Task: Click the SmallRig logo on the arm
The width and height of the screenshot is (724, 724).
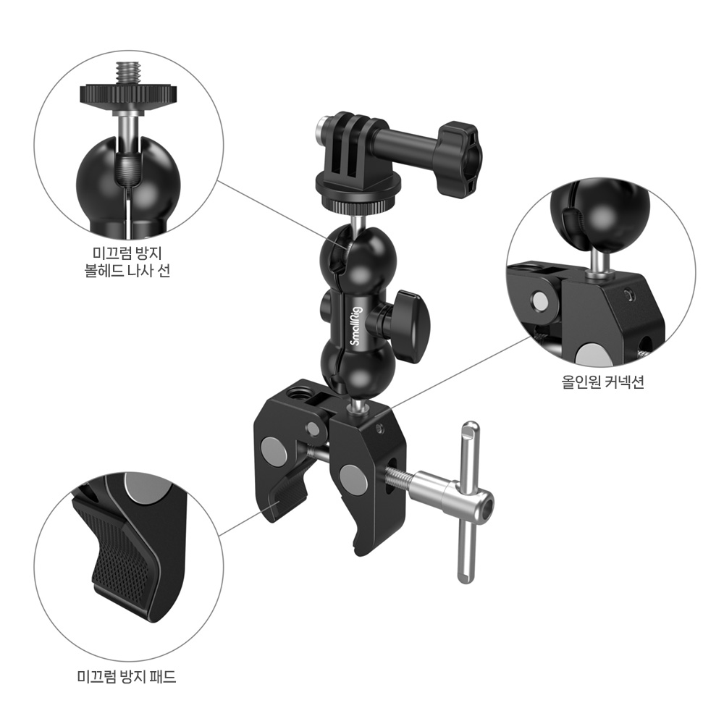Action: point(357,326)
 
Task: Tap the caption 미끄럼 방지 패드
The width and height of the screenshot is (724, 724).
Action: point(127,677)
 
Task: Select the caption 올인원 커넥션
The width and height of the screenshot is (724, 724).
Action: point(602,382)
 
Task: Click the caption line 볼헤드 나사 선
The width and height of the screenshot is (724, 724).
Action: point(127,270)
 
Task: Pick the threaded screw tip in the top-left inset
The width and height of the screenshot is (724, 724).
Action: point(127,74)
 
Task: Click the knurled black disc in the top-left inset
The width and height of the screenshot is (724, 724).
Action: point(127,95)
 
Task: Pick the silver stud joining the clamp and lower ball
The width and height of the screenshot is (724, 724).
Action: point(356,406)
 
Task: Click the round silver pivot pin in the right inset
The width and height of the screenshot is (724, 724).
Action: point(539,300)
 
